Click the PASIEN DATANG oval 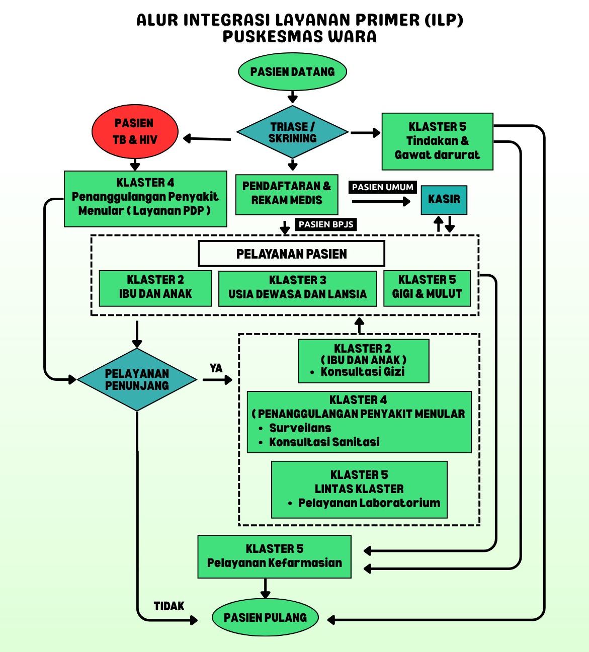292,72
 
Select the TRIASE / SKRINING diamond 292,132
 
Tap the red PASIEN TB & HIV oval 135,131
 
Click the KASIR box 444,200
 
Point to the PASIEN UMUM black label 382,187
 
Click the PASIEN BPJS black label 326,224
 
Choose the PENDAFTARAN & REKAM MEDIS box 286,194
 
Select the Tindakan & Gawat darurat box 437,141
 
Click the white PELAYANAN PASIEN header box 291,254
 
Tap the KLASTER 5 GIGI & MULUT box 427,288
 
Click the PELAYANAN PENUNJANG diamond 137,380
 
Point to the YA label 216,368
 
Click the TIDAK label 169,606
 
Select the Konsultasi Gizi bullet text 362,372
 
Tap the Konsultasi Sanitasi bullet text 324,442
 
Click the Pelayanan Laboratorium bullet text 369,503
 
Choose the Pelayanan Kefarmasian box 274,556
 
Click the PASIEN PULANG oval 265,618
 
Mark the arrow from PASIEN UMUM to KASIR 381,202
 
